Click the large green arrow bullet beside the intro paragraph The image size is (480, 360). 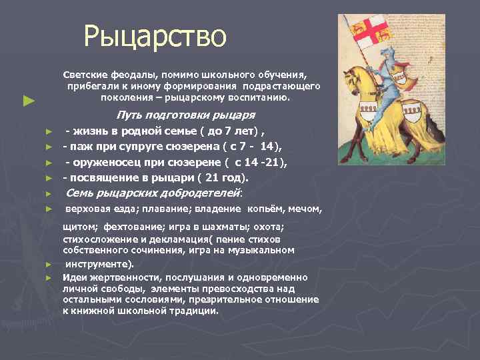[x=27, y=101]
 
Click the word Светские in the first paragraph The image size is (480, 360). [x=83, y=75]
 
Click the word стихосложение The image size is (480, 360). [x=94, y=239]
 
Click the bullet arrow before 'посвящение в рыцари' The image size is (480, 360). [x=48, y=179]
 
